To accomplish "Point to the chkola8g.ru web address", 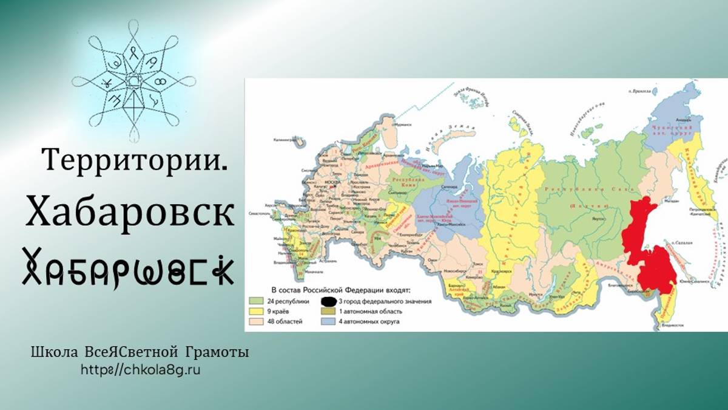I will [140, 369].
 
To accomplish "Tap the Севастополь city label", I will [258, 214].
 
